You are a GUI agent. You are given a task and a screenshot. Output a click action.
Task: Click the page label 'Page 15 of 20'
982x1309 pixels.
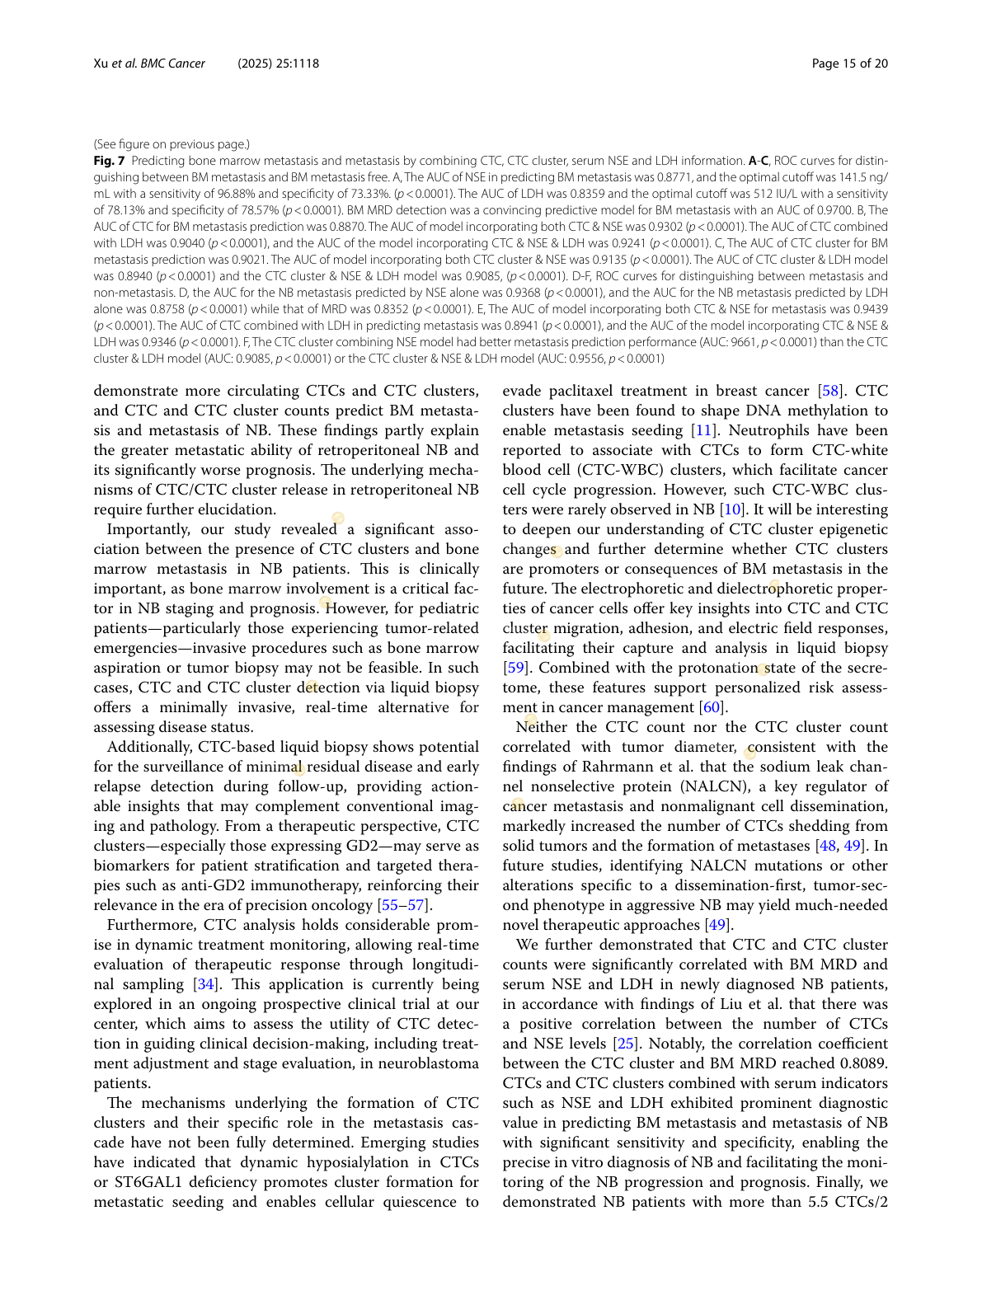[x=849, y=63]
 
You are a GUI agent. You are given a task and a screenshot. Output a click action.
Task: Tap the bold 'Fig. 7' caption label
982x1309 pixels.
[x=109, y=161]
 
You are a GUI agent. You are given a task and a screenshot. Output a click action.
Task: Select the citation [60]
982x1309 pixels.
[x=712, y=707]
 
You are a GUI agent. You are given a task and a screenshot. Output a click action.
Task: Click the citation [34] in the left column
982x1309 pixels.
[x=206, y=984]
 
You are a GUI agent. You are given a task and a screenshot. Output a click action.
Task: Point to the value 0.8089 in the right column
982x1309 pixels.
[x=859, y=1063]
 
